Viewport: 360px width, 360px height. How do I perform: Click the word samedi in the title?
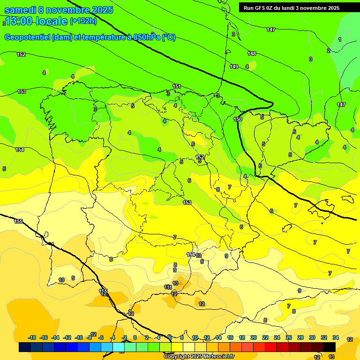(x=20, y=10)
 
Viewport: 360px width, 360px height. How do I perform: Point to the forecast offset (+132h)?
(x=83, y=21)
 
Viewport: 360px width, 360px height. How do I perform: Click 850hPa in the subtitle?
(x=147, y=37)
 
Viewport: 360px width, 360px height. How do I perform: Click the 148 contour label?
(x=252, y=53)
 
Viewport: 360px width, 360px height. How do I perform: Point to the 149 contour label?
(x=234, y=67)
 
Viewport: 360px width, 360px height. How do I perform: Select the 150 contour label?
(x=238, y=120)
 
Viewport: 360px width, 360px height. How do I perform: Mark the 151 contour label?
(x=177, y=86)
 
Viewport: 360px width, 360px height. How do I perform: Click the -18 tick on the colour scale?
(x=32, y=337)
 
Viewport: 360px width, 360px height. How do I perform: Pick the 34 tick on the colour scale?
(x=336, y=337)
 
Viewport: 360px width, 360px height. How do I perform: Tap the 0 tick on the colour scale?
(x=135, y=337)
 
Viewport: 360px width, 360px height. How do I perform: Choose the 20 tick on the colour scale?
(x=254, y=337)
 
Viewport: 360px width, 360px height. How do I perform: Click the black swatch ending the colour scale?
(x=330, y=347)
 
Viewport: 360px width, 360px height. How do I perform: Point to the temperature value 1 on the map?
(x=339, y=39)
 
